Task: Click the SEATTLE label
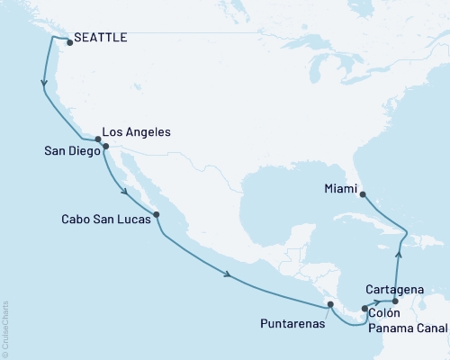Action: click(100, 38)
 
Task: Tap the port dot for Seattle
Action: click(68, 40)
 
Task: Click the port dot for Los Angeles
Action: click(98, 139)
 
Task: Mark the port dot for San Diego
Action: click(105, 145)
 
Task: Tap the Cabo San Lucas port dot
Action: click(157, 214)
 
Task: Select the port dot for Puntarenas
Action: click(330, 305)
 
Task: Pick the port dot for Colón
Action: click(364, 309)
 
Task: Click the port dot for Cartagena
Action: click(395, 301)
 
